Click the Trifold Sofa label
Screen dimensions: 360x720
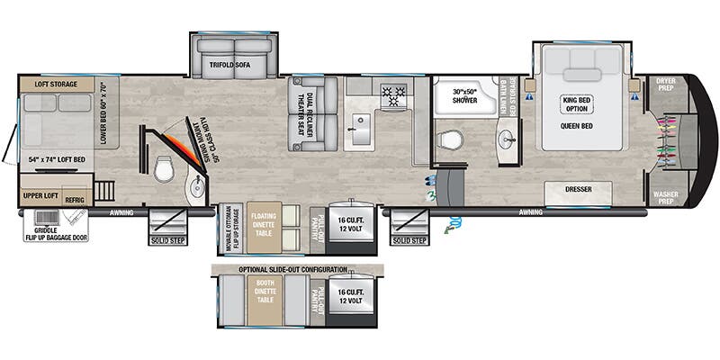click(235, 65)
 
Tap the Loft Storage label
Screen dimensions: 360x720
click(56, 84)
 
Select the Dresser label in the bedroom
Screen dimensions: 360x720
click(577, 191)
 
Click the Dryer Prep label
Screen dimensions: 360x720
click(666, 85)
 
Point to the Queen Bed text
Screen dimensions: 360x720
click(581, 128)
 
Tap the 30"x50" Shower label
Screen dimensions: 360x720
click(464, 97)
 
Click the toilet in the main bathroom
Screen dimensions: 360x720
click(449, 140)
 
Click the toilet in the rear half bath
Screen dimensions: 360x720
click(163, 168)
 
